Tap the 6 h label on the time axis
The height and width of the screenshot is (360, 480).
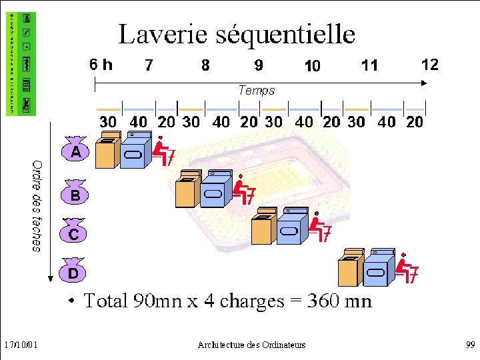pos(101,65)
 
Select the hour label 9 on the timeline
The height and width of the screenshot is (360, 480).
pos(259,65)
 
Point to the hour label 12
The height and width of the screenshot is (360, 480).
pos(430,64)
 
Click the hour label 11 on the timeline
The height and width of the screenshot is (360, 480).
pos(369,65)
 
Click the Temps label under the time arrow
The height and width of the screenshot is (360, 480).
pos(257,90)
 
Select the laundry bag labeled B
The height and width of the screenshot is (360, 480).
pos(75,193)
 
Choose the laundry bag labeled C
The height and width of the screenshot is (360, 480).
pos(74,232)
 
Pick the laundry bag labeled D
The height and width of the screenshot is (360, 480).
pos(73,271)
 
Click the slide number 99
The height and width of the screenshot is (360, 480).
pos(469,345)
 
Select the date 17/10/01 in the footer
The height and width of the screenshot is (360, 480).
pos(20,345)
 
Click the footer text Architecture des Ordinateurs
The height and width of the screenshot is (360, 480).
pos(251,345)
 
